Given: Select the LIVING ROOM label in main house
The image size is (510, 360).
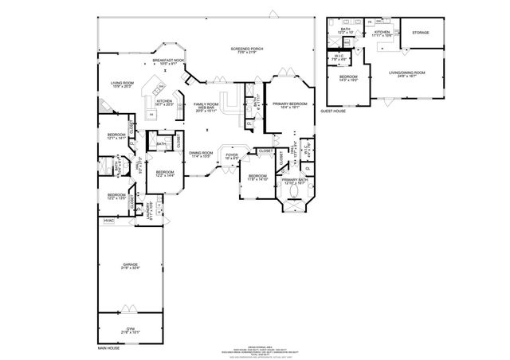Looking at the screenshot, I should pyautogui.click(x=122, y=84).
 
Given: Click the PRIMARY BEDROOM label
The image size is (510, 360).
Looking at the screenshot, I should pyautogui.click(x=289, y=106).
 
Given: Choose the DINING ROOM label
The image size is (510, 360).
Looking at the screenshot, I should pyautogui.click(x=201, y=154).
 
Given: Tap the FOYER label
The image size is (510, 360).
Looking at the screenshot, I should pyautogui.click(x=232, y=157).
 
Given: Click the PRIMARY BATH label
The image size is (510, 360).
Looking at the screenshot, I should pyautogui.click(x=294, y=182).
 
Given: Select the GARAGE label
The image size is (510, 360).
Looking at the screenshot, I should pyautogui.click(x=130, y=267).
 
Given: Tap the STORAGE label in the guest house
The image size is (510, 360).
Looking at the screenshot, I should pyautogui.click(x=420, y=33).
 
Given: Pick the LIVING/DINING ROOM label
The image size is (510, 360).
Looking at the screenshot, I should pyautogui.click(x=406, y=75).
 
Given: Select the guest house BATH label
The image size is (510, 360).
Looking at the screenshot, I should pyautogui.click(x=346, y=31).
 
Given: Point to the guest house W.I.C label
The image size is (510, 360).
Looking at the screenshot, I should pyautogui.click(x=338, y=57).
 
